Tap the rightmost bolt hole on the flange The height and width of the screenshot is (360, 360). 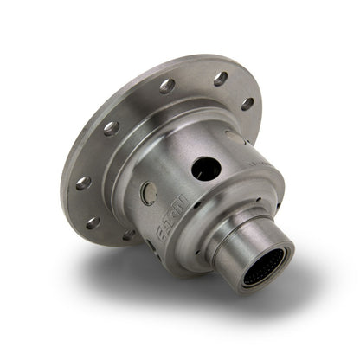pyautogui.click(x=247, y=104)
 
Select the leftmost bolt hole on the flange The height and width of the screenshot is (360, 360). pyautogui.click(x=83, y=183)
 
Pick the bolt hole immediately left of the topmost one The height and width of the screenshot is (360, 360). pyautogui.click(x=167, y=86)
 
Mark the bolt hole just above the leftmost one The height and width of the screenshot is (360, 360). pyautogui.click(x=111, y=128)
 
